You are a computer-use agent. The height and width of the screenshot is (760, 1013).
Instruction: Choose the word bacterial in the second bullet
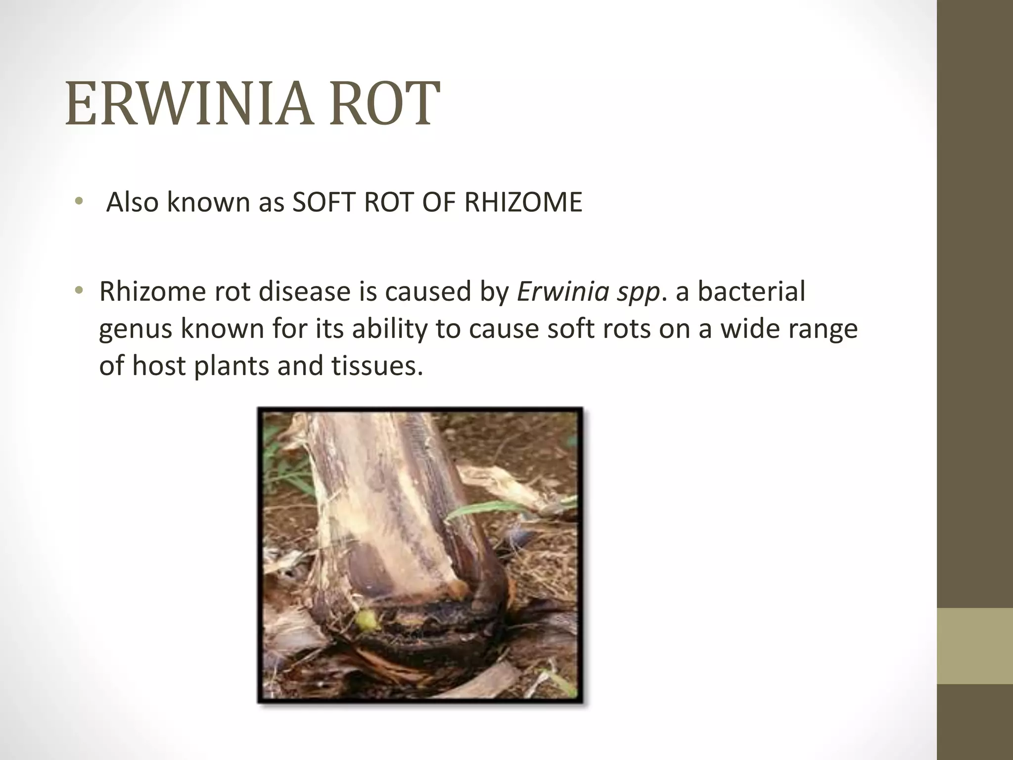[x=751, y=291]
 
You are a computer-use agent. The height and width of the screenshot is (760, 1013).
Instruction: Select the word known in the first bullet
[x=208, y=202]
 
